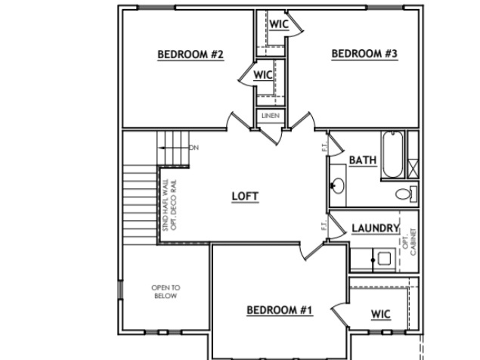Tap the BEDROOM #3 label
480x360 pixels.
click(x=364, y=53)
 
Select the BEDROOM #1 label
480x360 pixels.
click(x=280, y=309)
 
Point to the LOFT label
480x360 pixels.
click(x=245, y=196)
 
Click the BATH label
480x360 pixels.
click(x=362, y=160)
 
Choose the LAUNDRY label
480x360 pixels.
click(x=374, y=228)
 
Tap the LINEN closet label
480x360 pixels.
click(x=270, y=116)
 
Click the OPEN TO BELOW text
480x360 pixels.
click(x=166, y=292)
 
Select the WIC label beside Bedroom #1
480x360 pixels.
click(x=381, y=314)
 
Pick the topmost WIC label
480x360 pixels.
click(x=279, y=23)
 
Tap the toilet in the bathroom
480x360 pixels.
click(x=405, y=194)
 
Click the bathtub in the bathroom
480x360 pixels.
click(x=392, y=154)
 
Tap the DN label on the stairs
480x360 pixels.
click(x=194, y=147)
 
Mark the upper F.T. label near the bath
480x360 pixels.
click(x=324, y=148)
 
